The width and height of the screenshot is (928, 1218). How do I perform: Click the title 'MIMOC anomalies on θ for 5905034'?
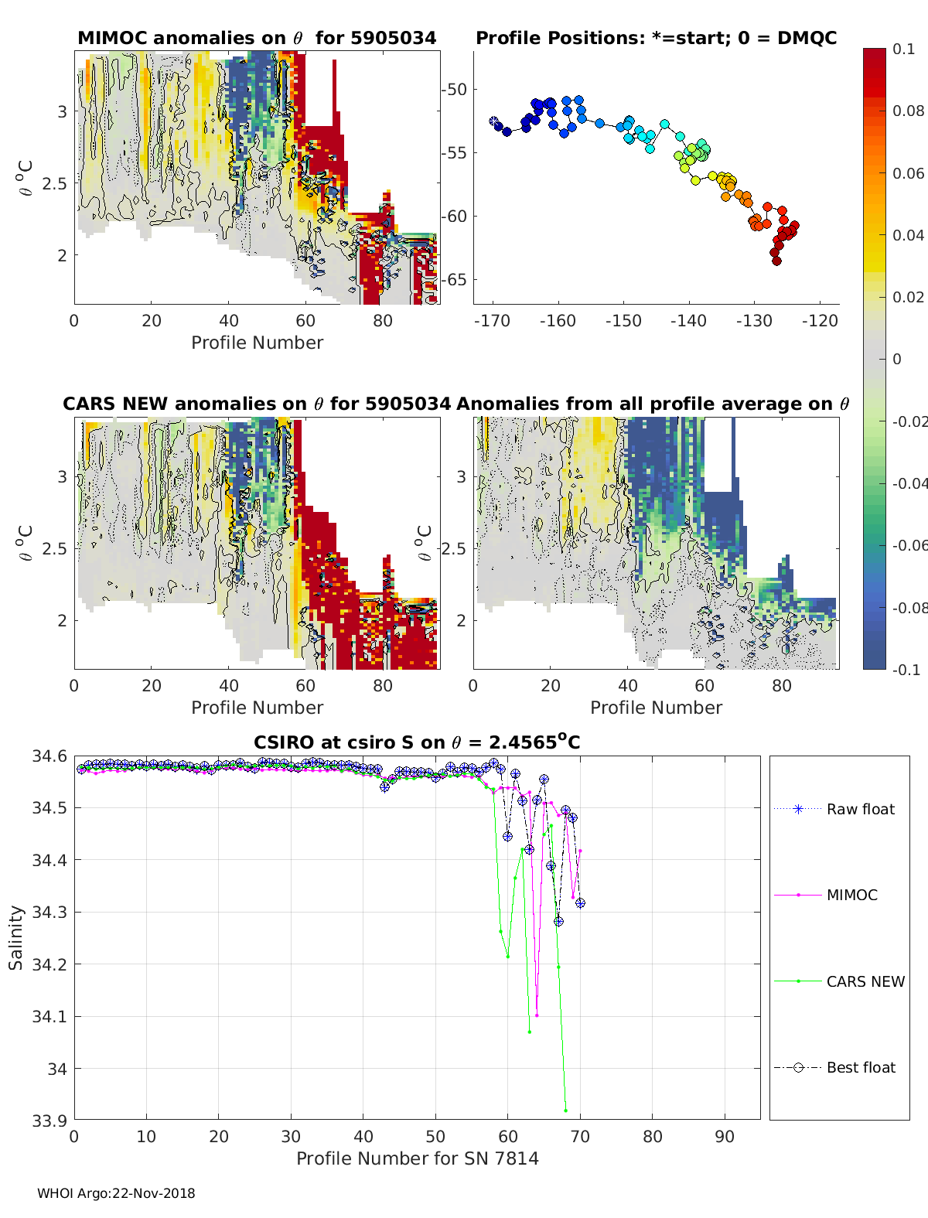click(257, 38)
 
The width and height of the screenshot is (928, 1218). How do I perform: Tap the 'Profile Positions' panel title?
click(656, 38)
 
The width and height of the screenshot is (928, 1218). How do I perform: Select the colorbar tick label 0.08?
click(908, 111)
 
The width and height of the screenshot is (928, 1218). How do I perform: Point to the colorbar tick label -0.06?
click(908, 545)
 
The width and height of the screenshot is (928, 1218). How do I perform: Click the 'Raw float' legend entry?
click(860, 809)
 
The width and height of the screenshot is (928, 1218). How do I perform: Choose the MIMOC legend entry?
click(851, 895)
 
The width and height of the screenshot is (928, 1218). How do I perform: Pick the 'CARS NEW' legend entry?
click(865, 981)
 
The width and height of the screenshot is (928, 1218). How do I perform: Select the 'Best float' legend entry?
click(860, 1067)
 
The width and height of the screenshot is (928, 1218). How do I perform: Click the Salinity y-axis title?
click(15, 937)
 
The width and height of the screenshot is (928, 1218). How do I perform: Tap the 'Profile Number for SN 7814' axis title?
click(417, 1158)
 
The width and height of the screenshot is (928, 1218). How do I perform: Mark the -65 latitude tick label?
click(454, 280)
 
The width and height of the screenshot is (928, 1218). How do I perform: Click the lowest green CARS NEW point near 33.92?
click(566, 1111)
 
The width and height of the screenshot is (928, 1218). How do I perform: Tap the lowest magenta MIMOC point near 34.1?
click(537, 1015)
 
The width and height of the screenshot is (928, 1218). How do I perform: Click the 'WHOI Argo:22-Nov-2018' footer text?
click(116, 1193)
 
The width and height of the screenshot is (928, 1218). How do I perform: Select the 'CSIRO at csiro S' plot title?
click(417, 743)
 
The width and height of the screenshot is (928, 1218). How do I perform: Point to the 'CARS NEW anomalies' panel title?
click(257, 404)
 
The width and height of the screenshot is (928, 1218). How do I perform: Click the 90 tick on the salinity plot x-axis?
click(725, 1136)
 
